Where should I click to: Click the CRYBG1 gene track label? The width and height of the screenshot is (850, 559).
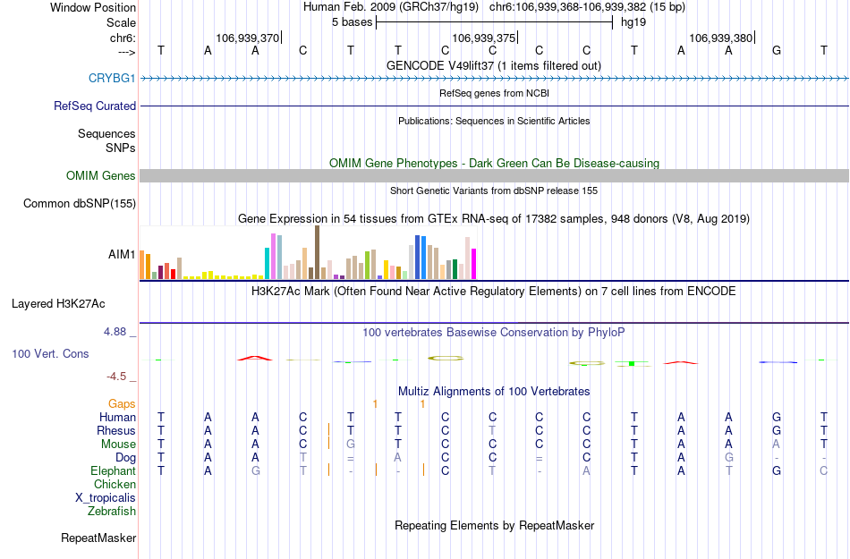point(112,79)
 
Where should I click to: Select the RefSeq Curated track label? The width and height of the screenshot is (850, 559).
point(95,106)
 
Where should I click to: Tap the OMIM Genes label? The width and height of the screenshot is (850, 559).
point(100,176)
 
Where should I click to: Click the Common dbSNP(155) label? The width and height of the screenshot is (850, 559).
point(79,204)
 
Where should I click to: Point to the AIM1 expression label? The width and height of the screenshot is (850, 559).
point(122,255)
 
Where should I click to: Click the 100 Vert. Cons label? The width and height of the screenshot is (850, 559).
point(50,354)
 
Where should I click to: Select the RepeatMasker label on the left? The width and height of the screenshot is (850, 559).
point(98,538)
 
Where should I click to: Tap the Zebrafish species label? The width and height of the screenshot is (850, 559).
point(112,512)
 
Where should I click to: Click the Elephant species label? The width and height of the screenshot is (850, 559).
point(113,471)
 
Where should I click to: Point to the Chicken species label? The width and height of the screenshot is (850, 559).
point(115,485)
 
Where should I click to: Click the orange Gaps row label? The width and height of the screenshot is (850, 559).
point(122,404)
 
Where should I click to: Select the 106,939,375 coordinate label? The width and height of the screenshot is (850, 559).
point(484,38)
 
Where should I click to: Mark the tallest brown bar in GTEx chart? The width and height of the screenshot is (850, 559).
point(317,252)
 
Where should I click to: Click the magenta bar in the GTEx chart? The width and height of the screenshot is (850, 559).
point(474,264)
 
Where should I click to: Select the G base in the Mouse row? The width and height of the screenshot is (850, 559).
point(351,445)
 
